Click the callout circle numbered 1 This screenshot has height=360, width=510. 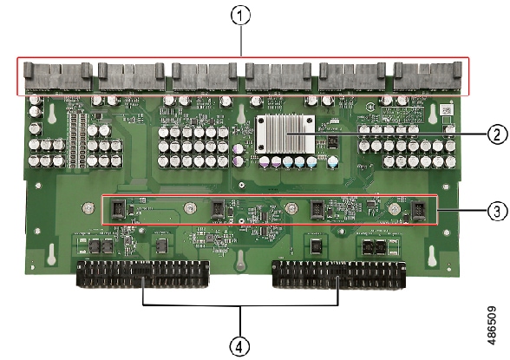(x=241, y=16)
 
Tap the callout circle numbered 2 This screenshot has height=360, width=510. (x=497, y=134)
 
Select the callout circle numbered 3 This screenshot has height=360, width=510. (x=497, y=211)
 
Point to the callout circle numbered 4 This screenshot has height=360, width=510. (x=239, y=347)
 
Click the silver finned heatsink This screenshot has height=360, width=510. (x=284, y=134)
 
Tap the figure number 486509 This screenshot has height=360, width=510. (x=492, y=325)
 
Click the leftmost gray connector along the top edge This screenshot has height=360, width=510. (x=58, y=76)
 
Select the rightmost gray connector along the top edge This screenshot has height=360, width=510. (x=427, y=76)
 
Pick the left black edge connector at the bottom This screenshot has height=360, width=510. (x=142, y=274)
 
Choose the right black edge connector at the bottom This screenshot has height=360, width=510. (x=338, y=274)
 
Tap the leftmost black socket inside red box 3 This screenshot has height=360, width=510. (x=118, y=209)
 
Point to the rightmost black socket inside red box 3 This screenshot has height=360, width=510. (x=419, y=211)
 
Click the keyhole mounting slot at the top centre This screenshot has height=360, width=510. (x=241, y=115)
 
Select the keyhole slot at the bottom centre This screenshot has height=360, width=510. (x=240, y=259)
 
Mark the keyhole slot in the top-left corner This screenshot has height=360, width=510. (x=52, y=114)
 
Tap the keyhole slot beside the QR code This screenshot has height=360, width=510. (x=433, y=114)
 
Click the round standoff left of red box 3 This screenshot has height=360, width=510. (x=88, y=207)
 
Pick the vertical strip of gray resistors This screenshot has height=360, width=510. (x=78, y=140)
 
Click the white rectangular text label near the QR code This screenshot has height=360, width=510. (x=402, y=115)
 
